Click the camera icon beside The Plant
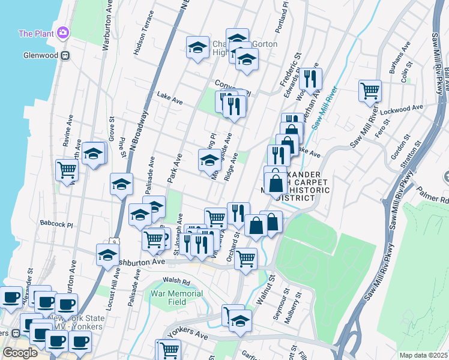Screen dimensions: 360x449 [62, 33]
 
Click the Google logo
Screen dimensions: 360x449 [20, 353]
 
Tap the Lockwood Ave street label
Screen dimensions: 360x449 [406, 110]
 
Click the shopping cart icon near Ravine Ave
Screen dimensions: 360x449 [67, 170]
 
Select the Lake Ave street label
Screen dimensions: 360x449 [169, 95]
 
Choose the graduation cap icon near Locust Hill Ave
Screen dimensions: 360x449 [107, 254]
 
